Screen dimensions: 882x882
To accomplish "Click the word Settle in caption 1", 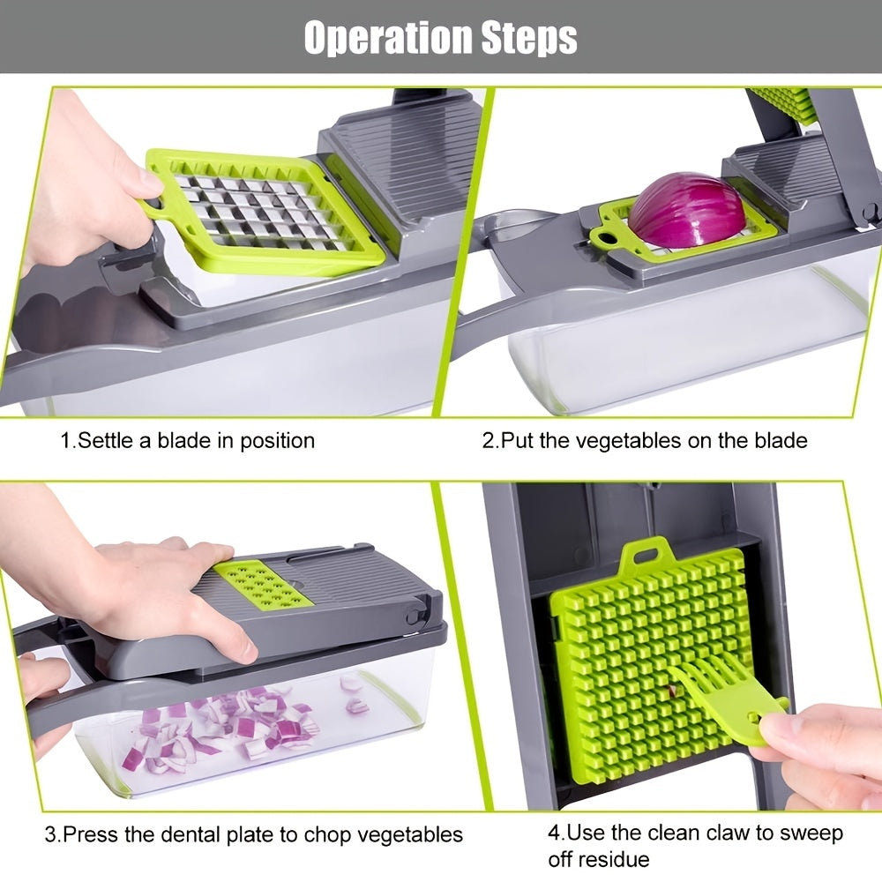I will pos(105,440).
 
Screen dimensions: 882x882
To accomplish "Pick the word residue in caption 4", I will pos(614,859).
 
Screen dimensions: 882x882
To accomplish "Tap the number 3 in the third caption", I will pos(50,833).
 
